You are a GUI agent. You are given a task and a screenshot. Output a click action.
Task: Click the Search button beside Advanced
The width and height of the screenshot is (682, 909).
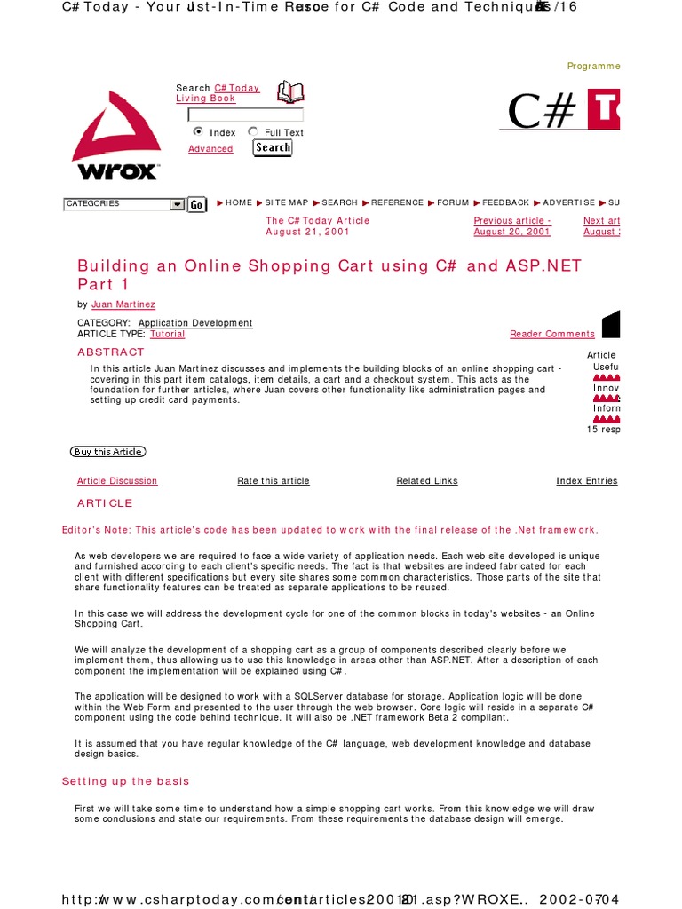273,148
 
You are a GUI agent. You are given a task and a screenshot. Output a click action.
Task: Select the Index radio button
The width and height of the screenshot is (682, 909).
198,131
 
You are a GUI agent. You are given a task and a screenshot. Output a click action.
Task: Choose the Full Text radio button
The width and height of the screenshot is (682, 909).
253,131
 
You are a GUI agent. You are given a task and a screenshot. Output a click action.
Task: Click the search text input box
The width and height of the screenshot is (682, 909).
245,115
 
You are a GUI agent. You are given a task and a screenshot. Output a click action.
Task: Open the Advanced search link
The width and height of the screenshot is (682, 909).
210,149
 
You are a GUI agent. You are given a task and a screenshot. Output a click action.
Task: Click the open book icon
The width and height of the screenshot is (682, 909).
290,91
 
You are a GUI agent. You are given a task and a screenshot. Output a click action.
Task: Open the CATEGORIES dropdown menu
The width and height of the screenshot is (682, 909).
123,204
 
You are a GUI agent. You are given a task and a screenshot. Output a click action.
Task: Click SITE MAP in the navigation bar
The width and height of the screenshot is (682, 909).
286,202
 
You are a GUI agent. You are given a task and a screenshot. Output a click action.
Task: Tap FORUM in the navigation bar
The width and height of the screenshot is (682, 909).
452,202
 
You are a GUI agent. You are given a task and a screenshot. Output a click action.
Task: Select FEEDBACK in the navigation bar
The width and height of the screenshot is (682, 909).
505,202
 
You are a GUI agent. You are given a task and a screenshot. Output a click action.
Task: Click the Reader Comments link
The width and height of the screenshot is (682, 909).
551,334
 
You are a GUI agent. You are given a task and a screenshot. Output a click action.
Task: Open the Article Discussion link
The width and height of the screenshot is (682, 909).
117,481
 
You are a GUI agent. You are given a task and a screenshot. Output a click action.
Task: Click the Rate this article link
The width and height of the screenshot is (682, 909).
274,481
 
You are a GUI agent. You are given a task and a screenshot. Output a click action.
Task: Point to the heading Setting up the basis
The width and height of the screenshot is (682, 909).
125,781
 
